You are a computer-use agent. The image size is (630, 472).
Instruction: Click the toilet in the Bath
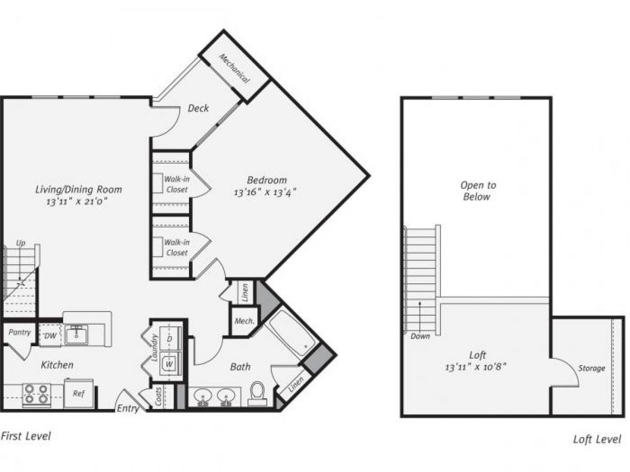257,393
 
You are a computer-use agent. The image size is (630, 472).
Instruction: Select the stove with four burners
36,394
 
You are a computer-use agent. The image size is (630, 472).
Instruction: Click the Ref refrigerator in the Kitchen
78,393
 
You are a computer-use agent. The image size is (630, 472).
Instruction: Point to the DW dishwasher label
51,336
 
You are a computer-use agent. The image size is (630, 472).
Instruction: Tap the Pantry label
19,332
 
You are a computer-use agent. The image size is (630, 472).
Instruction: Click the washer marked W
170,362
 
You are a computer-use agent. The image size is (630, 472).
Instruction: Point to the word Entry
128,408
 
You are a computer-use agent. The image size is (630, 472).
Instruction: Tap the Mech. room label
244,321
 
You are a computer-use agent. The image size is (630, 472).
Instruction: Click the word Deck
198,108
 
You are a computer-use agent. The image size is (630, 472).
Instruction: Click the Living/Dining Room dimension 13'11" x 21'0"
79,201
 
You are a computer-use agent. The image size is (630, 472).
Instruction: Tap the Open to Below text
477,191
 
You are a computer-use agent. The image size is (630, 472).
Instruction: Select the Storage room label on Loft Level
592,368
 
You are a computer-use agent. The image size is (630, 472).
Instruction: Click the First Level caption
26,436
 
